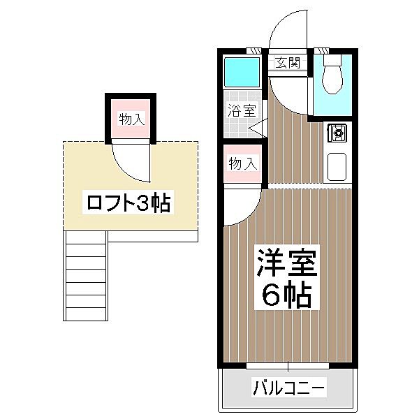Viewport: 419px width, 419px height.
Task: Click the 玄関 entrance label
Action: tap(288, 63)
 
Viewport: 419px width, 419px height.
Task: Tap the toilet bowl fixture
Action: tap(332, 74)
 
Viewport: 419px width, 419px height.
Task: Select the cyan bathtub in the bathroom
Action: tap(242, 72)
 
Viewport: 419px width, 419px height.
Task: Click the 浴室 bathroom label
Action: tap(242, 110)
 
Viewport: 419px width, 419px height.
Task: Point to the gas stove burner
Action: tap(337, 133)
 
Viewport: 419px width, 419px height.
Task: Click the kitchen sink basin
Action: tap(337, 166)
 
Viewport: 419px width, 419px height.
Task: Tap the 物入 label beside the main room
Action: tap(243, 163)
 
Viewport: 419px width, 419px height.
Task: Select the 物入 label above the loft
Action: tap(132, 119)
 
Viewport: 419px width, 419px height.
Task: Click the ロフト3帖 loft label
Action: tap(128, 203)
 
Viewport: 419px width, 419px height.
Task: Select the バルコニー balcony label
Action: tap(289, 387)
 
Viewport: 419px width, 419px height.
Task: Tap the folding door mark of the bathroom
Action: tap(258, 128)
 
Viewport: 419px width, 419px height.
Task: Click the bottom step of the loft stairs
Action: tap(86, 314)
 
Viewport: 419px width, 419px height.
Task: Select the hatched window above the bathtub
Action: tap(253, 51)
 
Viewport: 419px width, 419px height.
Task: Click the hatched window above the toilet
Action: tap(321, 51)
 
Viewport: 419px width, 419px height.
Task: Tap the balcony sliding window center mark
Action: tap(288, 366)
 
